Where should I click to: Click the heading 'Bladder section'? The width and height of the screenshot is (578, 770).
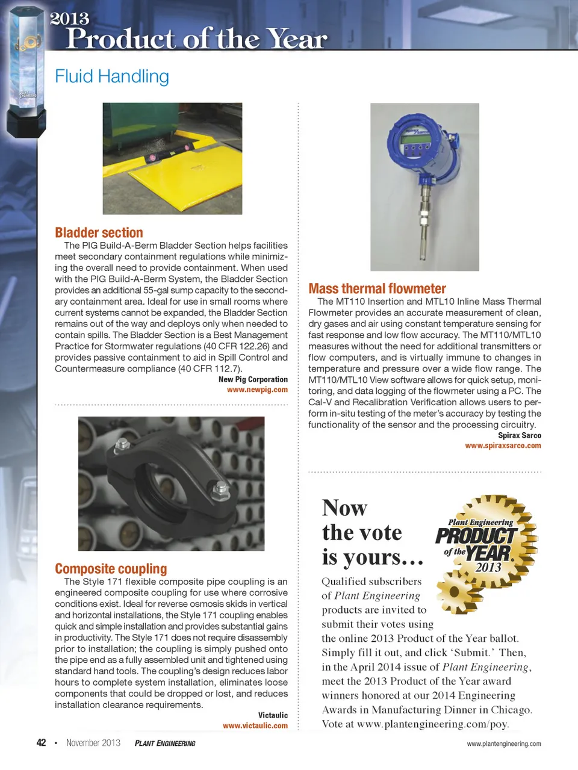click(99, 233)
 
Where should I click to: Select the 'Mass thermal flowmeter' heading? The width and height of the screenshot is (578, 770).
click(377, 289)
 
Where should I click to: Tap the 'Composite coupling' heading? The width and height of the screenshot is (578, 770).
click(111, 569)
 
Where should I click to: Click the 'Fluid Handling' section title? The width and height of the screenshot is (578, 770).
click(112, 76)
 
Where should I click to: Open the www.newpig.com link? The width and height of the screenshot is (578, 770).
click(257, 390)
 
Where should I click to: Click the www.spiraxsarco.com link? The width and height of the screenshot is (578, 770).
click(503, 446)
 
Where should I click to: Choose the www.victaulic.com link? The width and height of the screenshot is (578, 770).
click(255, 726)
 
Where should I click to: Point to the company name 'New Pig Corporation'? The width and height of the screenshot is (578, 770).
click(253, 380)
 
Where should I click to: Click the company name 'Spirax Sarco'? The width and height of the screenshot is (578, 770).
click(519, 435)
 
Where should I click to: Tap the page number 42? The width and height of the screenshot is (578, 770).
click(41, 743)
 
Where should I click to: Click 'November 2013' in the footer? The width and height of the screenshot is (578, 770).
click(93, 743)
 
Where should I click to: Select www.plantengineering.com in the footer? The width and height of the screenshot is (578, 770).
click(504, 744)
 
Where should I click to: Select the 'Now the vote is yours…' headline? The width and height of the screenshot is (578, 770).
click(372, 533)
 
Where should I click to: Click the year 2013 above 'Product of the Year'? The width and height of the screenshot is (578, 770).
click(70, 19)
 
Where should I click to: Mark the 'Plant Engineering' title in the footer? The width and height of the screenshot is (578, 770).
click(165, 744)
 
